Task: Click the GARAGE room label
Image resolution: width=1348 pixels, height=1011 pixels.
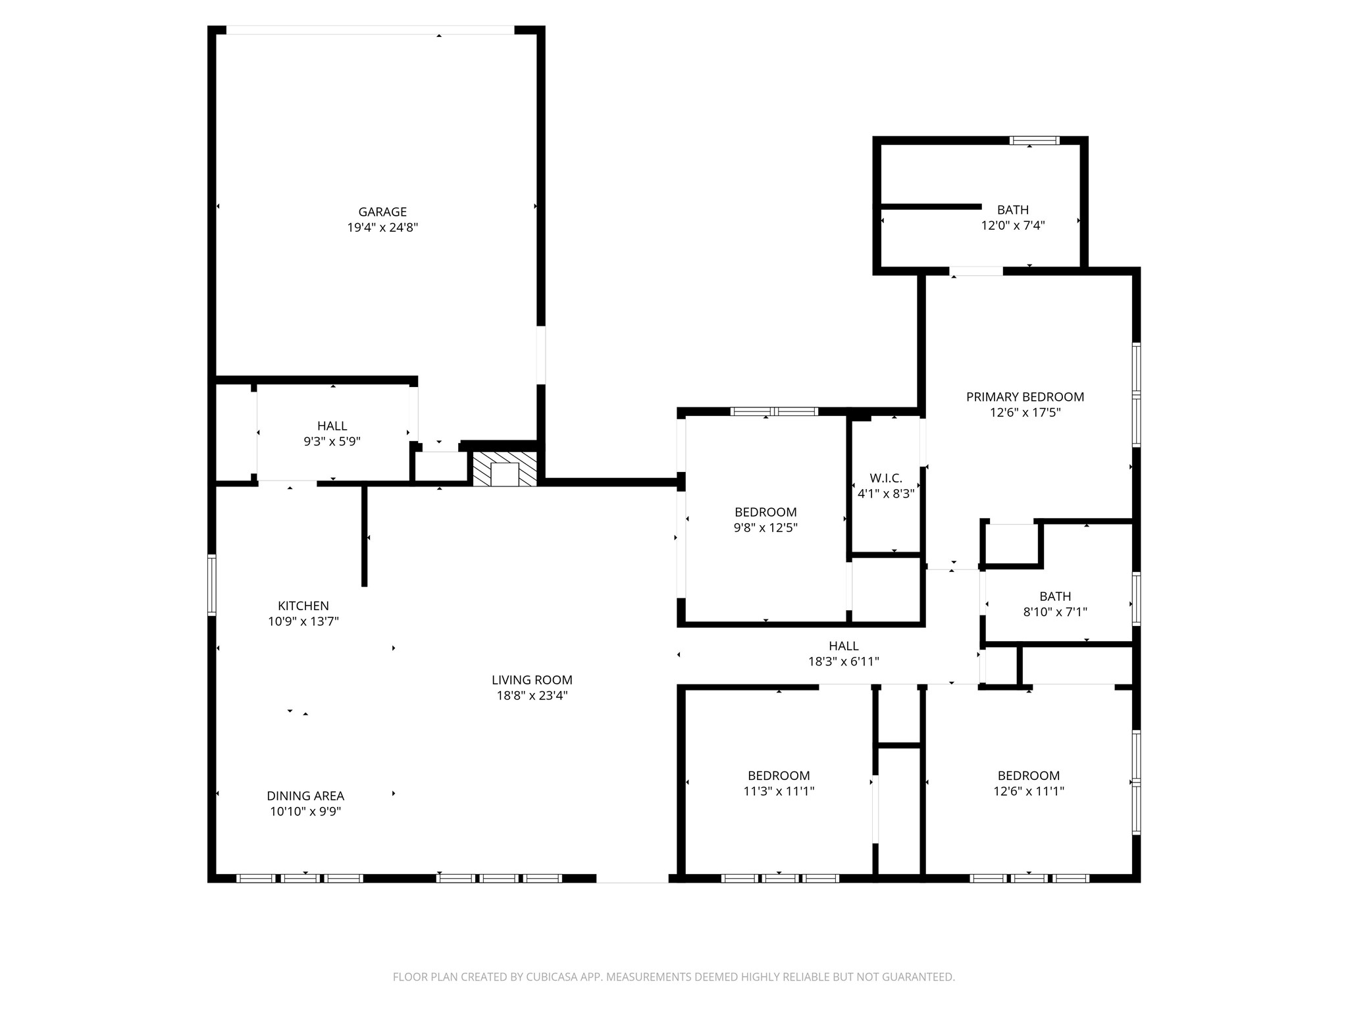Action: (x=382, y=212)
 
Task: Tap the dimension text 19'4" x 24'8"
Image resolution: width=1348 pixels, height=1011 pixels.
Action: (x=382, y=228)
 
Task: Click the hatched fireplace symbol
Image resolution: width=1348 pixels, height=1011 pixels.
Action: (x=505, y=469)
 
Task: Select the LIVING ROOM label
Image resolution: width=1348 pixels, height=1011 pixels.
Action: (x=532, y=680)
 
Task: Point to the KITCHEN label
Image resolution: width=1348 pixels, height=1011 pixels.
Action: (x=303, y=606)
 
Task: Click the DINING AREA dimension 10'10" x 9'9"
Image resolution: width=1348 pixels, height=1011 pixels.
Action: (x=305, y=812)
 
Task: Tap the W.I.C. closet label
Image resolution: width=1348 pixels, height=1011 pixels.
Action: (x=885, y=478)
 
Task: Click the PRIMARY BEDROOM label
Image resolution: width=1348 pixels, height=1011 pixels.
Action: (x=1025, y=397)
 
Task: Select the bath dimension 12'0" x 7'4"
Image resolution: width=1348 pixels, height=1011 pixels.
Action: (x=1013, y=226)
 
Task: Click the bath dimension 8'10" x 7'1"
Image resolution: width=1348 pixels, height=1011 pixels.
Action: (x=1054, y=612)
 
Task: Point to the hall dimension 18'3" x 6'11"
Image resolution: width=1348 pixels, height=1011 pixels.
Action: (x=843, y=661)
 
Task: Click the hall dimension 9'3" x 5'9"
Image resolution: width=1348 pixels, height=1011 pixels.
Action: (x=332, y=442)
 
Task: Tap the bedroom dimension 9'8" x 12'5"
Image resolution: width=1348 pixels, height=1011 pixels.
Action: (x=765, y=528)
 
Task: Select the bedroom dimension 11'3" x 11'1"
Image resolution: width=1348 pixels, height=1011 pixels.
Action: (x=779, y=791)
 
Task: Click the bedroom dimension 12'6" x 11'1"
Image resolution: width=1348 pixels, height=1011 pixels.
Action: (x=1028, y=791)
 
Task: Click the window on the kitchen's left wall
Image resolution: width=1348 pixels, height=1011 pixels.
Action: (x=212, y=585)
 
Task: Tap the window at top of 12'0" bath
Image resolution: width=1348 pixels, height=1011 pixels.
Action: (x=1034, y=140)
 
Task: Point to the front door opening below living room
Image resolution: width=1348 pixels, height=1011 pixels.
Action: (x=632, y=879)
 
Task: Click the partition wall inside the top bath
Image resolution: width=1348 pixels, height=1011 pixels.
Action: (x=931, y=207)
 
